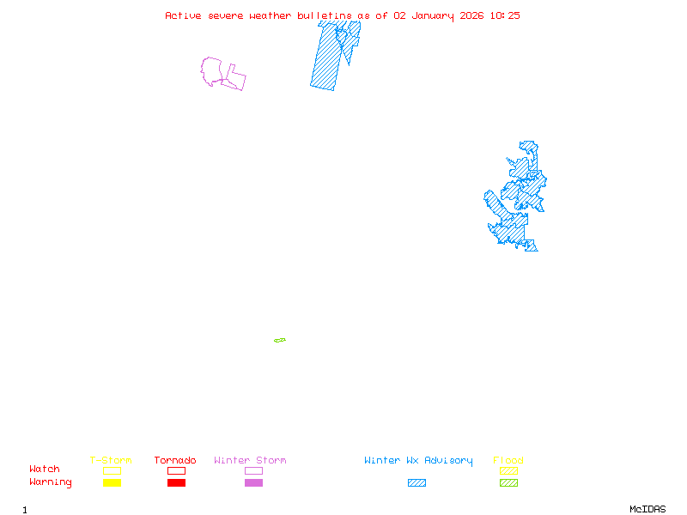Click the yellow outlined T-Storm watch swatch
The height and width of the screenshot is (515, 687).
(x=112, y=470)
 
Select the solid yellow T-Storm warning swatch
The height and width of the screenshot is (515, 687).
(x=112, y=483)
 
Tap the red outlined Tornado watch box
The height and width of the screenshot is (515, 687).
(x=176, y=470)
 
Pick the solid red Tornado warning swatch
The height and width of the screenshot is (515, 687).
(x=176, y=483)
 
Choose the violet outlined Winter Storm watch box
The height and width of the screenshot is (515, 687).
(x=253, y=470)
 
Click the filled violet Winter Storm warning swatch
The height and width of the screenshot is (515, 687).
(x=253, y=483)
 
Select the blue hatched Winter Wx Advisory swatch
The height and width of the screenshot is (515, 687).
(x=416, y=483)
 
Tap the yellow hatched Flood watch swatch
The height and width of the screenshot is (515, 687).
(x=508, y=470)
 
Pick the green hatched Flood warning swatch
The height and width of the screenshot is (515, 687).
(x=508, y=483)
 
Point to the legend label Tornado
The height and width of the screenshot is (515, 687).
(x=175, y=461)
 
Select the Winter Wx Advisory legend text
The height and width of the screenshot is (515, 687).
(x=418, y=461)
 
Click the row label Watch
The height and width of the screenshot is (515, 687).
(x=45, y=470)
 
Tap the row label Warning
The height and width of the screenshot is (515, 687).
(x=50, y=482)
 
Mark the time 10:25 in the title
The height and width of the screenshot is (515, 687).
(x=505, y=15)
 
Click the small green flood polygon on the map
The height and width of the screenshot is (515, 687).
(x=280, y=341)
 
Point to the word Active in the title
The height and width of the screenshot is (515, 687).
(x=183, y=15)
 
